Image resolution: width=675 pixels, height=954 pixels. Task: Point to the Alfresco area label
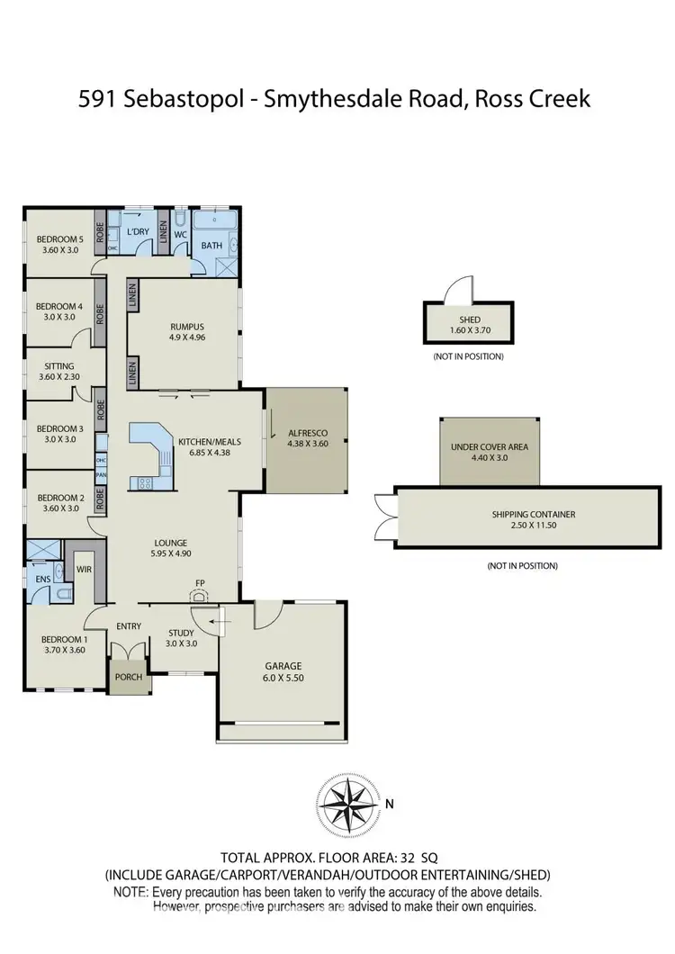click(307, 431)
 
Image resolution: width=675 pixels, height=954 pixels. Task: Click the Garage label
click(283, 666)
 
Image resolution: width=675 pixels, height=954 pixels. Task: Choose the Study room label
click(182, 633)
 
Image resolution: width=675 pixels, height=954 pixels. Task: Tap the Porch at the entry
click(129, 677)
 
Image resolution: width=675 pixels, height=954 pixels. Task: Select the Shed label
click(469, 319)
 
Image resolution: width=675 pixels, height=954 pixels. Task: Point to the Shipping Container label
click(534, 515)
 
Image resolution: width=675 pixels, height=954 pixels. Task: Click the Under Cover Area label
click(490, 446)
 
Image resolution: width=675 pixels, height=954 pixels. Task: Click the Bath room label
click(211, 245)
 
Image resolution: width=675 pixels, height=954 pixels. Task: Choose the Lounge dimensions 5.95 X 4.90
click(170, 553)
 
